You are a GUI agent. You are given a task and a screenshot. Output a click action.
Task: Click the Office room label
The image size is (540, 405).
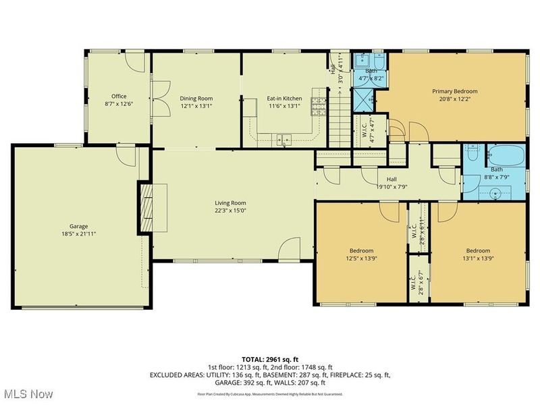point(119,97)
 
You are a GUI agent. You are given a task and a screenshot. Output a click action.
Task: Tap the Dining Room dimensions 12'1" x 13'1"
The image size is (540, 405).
point(196,106)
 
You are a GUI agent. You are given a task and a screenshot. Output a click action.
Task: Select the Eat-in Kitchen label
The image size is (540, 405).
point(283,97)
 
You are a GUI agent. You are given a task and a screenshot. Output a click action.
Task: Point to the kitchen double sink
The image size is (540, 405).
point(283,140)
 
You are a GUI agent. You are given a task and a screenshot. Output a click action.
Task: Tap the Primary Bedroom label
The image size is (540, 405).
point(455,91)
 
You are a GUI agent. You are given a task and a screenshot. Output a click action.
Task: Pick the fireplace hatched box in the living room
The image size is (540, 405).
point(146,208)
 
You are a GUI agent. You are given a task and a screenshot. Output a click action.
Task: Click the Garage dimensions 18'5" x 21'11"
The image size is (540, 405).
point(78,233)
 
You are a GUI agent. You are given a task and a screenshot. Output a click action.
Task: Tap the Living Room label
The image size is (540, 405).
point(230,202)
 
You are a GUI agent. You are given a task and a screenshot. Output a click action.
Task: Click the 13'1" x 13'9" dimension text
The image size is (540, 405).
point(478,258)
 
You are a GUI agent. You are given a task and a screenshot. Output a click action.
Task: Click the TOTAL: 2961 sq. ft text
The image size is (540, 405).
point(270,359)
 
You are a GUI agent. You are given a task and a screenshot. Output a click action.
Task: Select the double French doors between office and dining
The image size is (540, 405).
point(152,105)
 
